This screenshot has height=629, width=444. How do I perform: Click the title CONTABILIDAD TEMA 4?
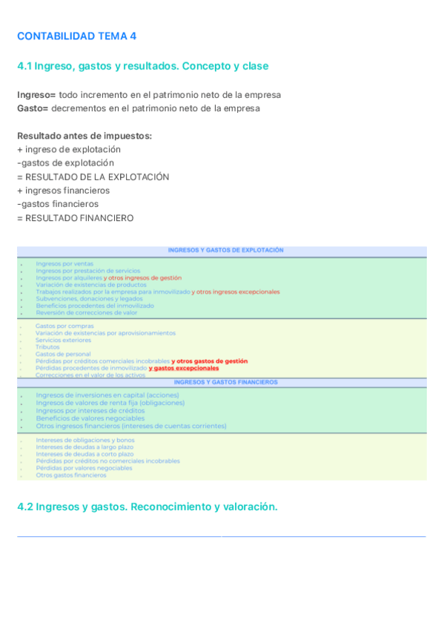click(x=76, y=36)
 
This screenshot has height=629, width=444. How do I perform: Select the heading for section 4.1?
click(x=142, y=66)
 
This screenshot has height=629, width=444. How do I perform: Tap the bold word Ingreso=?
click(x=36, y=95)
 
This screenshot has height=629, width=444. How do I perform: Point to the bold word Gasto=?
click(x=33, y=108)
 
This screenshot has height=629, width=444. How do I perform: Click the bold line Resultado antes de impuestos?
click(x=85, y=136)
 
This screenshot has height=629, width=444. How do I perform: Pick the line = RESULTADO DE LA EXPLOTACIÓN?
click(x=93, y=177)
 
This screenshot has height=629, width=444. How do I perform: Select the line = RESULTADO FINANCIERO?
click(x=75, y=218)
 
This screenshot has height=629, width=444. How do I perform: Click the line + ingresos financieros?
click(x=63, y=191)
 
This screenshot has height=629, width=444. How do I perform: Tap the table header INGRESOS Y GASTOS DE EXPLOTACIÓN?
click(x=225, y=251)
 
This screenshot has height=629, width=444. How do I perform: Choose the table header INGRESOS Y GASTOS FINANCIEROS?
click(x=225, y=382)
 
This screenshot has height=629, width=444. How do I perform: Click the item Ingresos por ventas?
click(x=64, y=263)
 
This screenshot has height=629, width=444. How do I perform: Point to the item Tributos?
click(x=47, y=347)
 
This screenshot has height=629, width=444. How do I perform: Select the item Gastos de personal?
click(x=63, y=354)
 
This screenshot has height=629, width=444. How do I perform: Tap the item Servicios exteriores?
click(x=63, y=340)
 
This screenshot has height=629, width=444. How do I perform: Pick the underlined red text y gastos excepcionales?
click(x=184, y=368)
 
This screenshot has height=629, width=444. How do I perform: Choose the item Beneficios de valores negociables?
click(x=90, y=418)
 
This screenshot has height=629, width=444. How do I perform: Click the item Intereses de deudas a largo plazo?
click(x=85, y=447)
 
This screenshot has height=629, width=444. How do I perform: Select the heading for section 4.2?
click(x=147, y=507)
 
